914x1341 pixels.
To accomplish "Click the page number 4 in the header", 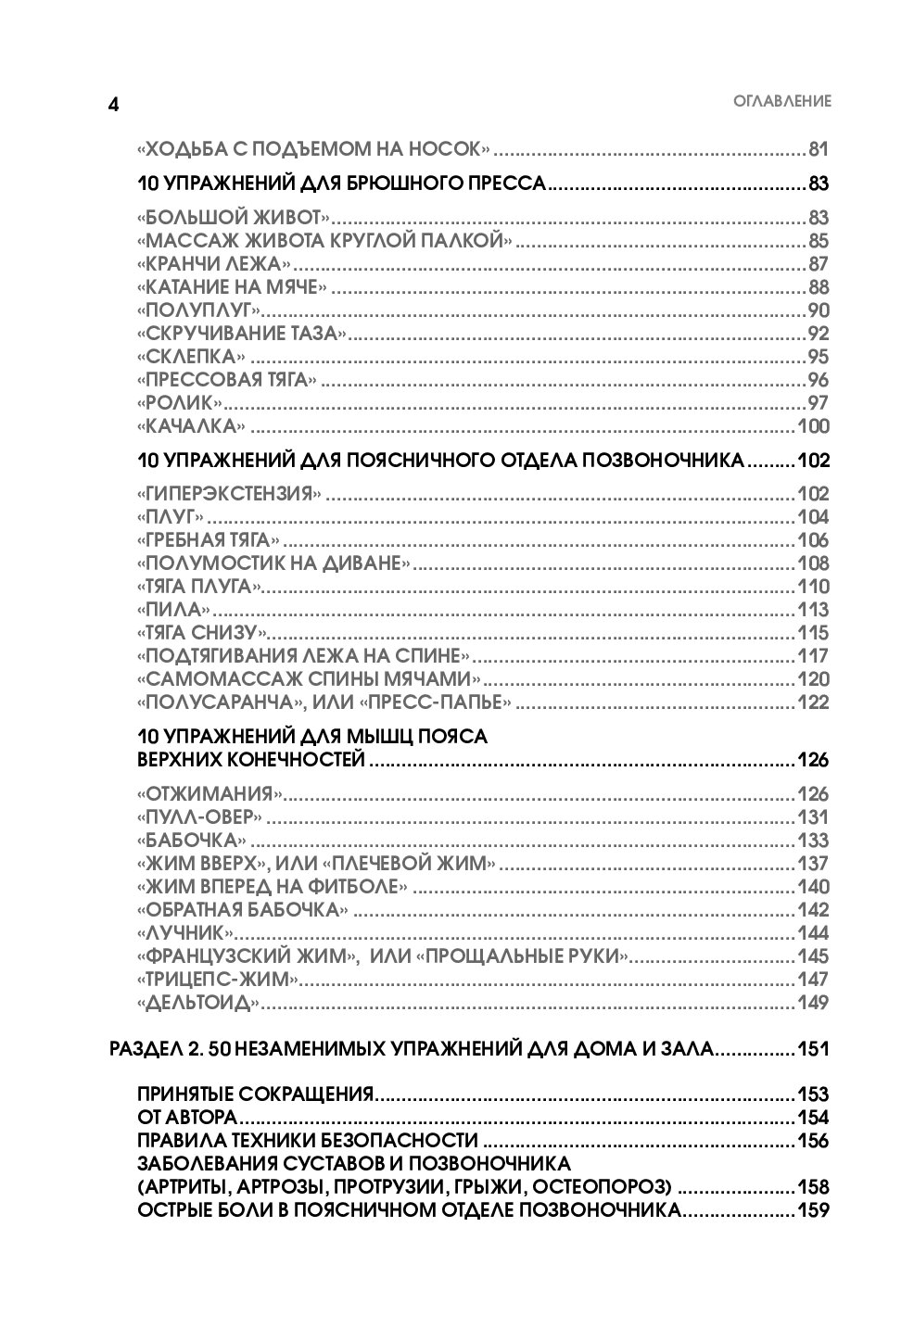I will click(113, 104).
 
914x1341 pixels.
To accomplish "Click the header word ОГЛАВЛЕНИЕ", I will click(781, 102).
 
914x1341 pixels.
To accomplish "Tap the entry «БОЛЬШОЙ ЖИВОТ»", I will click(233, 219).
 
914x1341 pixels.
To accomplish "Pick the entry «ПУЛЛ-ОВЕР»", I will click(198, 817).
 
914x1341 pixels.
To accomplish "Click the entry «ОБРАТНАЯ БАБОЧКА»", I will click(243, 910).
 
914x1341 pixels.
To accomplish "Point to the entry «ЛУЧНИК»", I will click(184, 933).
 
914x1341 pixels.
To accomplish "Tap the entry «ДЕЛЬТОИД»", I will click(197, 1003).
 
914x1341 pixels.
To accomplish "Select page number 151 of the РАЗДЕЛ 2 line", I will click(812, 1050).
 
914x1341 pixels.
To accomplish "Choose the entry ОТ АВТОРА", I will click(188, 1118).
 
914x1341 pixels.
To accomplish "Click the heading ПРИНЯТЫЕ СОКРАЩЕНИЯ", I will click(255, 1094).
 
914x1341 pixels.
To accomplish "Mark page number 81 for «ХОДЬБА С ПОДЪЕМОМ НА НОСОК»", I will click(817, 149).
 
